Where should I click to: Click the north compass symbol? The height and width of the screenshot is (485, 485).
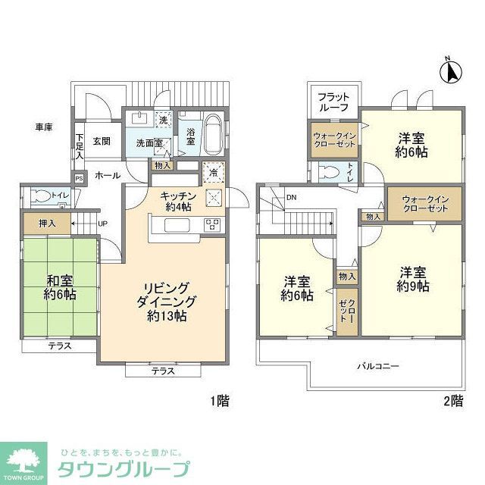point(450,71)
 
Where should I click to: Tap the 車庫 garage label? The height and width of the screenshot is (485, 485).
point(43,127)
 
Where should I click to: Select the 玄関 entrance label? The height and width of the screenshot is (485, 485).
point(102,141)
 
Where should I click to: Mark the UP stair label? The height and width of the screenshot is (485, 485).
point(102,224)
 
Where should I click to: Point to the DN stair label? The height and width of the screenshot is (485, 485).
point(292,199)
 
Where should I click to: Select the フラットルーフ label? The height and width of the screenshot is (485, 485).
point(333,102)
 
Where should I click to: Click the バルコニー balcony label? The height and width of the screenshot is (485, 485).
point(378,366)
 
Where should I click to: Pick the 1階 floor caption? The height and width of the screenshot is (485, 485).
point(217,401)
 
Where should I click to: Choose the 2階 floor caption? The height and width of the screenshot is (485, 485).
point(452,401)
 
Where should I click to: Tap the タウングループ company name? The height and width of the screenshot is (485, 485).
point(124,466)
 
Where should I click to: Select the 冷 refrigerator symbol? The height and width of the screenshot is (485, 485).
point(214,172)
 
